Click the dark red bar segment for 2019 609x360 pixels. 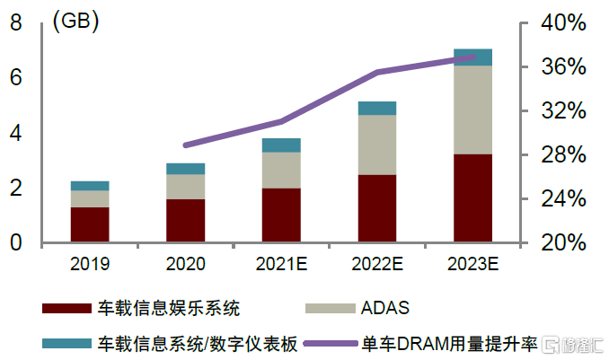click(90, 224)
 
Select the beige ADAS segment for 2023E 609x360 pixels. click(472, 110)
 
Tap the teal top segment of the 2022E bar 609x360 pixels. click(377, 108)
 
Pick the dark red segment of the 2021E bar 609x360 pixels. click(281, 215)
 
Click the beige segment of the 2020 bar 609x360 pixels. click(185, 186)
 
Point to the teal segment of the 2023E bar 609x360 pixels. click(472, 57)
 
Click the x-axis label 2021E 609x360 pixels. click(281, 264)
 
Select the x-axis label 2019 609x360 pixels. click(90, 264)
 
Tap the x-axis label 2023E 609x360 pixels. click(472, 264)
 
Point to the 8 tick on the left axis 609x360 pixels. click(15, 24)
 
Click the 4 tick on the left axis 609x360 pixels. click(15, 134)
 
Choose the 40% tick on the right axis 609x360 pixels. click(561, 24)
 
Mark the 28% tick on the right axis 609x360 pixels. click(561, 155)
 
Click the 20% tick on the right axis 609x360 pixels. click(561, 243)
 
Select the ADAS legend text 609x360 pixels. click(384, 309)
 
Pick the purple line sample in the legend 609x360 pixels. click(331, 343)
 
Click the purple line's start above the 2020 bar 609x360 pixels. click(185, 145)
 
